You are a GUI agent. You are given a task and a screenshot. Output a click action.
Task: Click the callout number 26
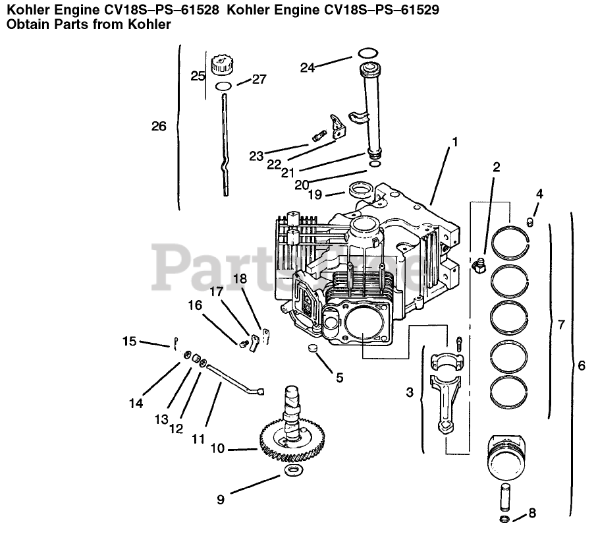pos(159,126)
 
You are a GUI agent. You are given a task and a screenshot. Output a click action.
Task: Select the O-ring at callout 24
pos(367,53)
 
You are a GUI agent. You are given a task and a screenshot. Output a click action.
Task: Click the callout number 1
pos(454,141)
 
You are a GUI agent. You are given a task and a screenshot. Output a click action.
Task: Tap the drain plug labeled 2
pos(478,265)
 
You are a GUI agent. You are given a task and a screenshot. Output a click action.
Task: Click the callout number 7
pos(560,324)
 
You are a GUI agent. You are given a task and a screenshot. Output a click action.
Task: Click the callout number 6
pos(580,365)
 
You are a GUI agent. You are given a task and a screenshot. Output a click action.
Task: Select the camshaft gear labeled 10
pos(290,445)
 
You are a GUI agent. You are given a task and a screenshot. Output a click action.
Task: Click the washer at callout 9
pos(292,470)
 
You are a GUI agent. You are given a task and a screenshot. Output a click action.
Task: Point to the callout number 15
pos(129,341)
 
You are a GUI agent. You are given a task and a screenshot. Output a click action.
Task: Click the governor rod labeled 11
pos(230,382)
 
